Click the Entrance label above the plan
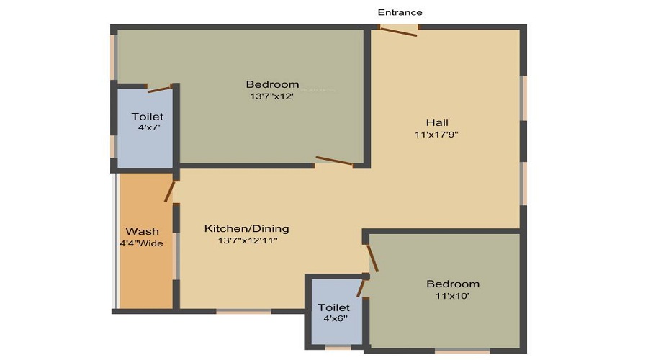pos(400,12)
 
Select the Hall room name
pos(437,122)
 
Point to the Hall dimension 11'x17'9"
pos(437,135)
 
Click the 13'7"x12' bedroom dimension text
pos(272,96)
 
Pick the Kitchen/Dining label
pos(247,228)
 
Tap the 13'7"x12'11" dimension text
pos(248,240)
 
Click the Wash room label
pos(142,231)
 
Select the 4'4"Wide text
pos(141,243)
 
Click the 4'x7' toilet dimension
pos(149,127)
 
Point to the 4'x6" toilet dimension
pos(335,318)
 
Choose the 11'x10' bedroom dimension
pos(453,296)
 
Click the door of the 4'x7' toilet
pos(159,89)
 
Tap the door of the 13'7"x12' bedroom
pos(334,161)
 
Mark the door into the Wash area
pos(169,192)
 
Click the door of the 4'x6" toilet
pos(361,288)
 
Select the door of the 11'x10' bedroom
pos(373,258)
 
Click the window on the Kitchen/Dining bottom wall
pos(244,311)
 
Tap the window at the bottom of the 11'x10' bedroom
pos(462,351)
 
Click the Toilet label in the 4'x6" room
pos(334,307)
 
